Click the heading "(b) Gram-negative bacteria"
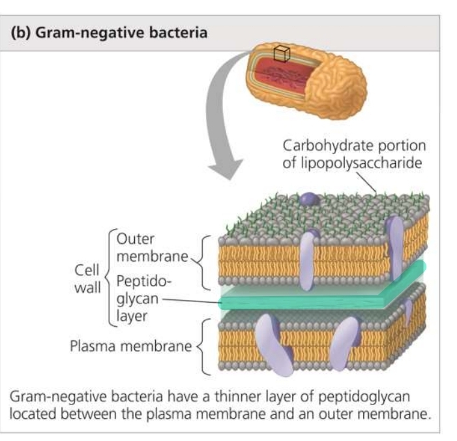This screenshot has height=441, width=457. [108, 32]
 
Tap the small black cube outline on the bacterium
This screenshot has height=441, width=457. [281, 54]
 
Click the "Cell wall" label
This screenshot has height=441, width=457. [85, 279]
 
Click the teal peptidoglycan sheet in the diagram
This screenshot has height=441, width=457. [313, 297]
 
